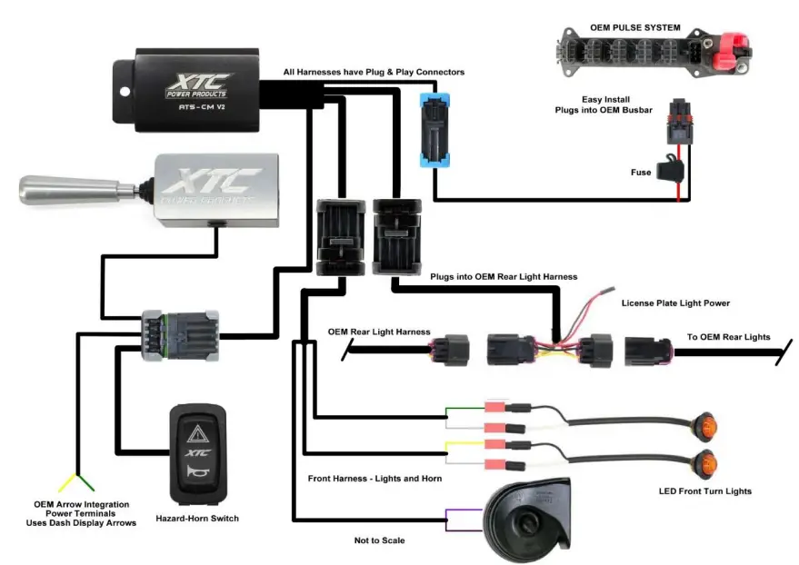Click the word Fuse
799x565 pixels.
tap(641, 173)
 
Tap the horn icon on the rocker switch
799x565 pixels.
tap(196, 473)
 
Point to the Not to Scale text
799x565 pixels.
tap(380, 540)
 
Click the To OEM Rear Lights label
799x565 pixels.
tap(728, 337)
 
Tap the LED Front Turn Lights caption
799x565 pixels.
tap(704, 491)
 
